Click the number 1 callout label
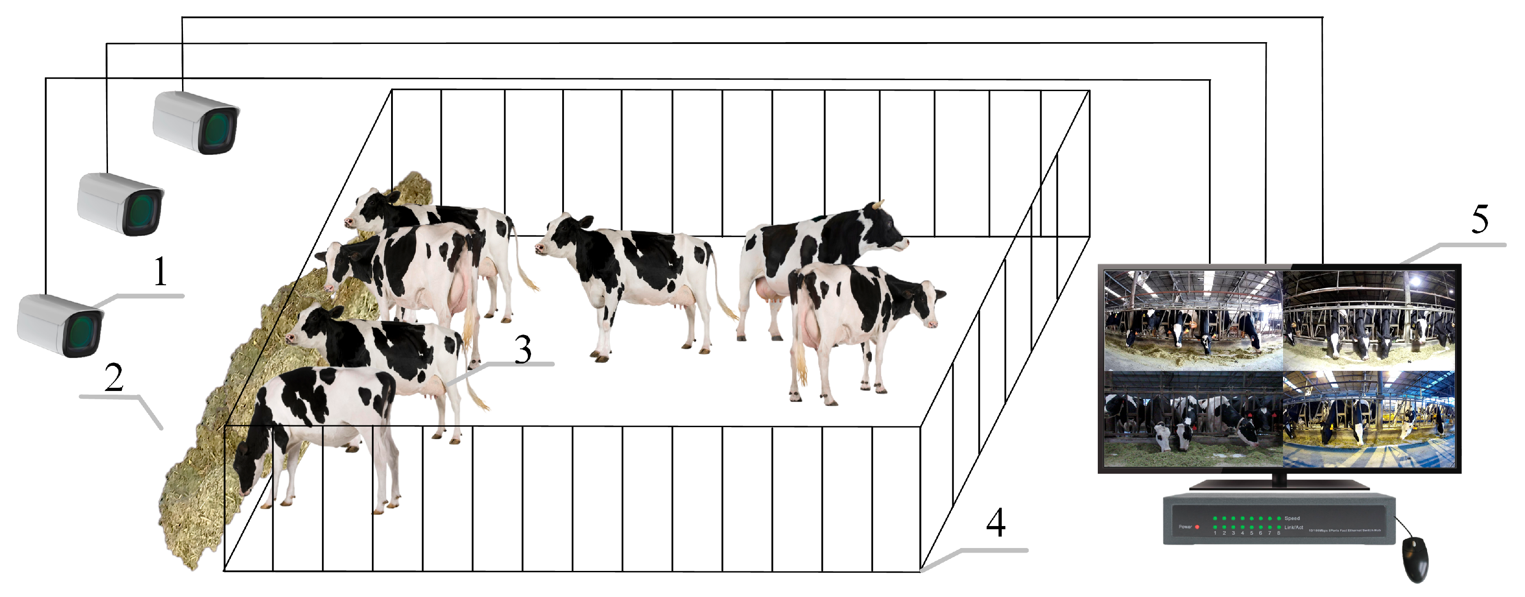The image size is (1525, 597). tap(161, 272)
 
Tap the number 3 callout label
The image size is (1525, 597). tap(523, 349)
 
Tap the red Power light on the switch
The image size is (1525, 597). tap(1197, 526)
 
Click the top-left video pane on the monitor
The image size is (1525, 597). tap(1193, 320)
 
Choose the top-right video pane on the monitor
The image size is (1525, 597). tap(1368, 320)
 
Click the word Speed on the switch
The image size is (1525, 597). tap(1292, 518)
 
